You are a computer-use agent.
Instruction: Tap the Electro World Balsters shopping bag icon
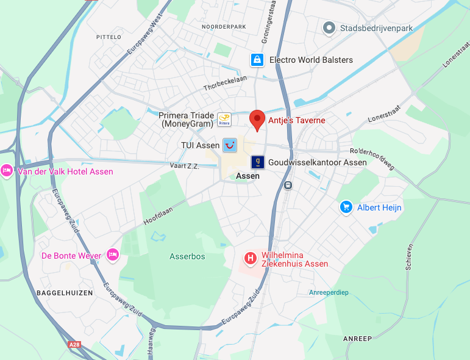point(257,60)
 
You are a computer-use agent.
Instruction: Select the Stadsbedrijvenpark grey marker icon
point(329,28)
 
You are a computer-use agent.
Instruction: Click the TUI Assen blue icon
point(229,145)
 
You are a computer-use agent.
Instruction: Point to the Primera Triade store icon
point(224,120)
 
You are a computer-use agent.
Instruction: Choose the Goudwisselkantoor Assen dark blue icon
point(257,162)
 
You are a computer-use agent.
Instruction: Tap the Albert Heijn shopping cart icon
point(346,207)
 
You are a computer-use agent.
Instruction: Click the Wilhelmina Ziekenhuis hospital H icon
point(250,259)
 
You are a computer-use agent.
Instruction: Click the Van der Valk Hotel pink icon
point(7,171)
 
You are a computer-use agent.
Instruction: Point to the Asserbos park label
point(187,256)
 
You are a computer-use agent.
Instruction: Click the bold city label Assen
point(247,176)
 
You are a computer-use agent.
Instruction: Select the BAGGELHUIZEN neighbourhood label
point(65,293)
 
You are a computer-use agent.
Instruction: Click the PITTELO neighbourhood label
point(109,37)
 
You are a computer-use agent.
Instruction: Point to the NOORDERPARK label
point(224,27)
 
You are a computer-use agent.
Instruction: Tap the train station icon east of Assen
point(288,184)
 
